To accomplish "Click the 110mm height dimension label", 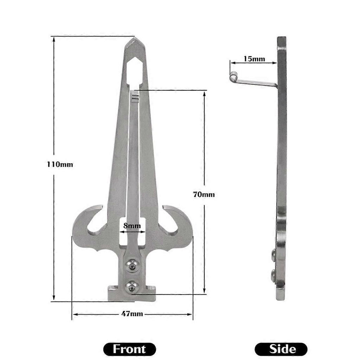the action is (60, 165).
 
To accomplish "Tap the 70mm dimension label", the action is (204, 194).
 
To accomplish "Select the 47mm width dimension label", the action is (132, 314).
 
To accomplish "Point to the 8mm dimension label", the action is (132, 226).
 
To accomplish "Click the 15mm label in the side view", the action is (254, 59).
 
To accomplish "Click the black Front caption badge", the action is (129, 349).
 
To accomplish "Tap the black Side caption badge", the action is (281, 349).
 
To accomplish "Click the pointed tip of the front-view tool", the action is (134, 38).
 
